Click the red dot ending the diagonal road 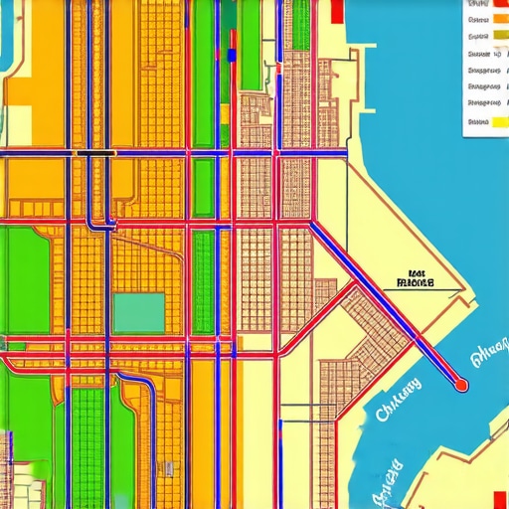(x=460, y=383)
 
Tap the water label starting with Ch (x=393, y=398)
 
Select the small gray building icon (x=170, y=467)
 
